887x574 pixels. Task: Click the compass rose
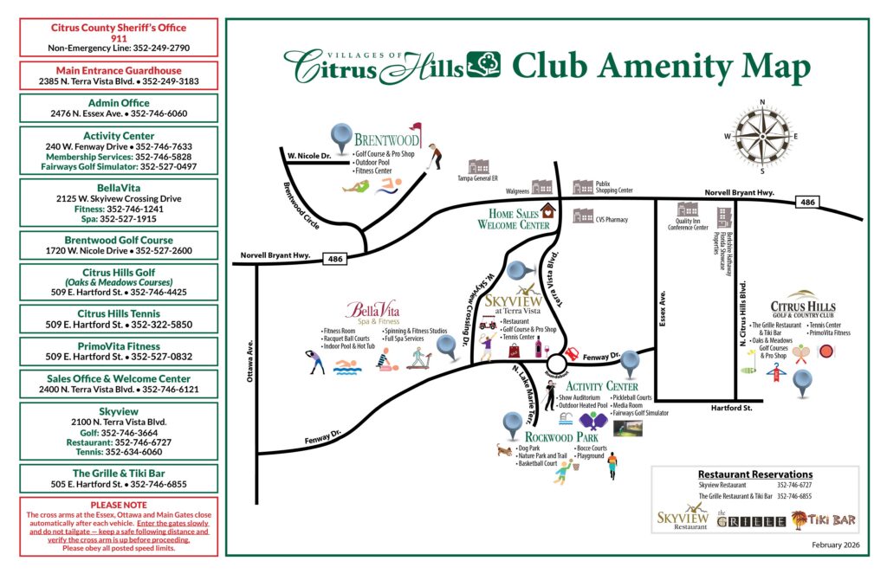pyautogui.click(x=762, y=136)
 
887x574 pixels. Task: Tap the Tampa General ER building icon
pyautogui.click(x=478, y=166)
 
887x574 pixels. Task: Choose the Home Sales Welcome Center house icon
pyautogui.click(x=547, y=210)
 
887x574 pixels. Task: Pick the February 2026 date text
pyautogui.click(x=836, y=544)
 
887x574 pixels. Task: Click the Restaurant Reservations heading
pyautogui.click(x=754, y=474)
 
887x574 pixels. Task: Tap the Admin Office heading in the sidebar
pyautogui.click(x=119, y=102)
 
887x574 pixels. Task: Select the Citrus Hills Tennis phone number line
pyautogui.click(x=119, y=326)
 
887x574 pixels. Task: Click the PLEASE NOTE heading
pyautogui.click(x=119, y=505)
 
